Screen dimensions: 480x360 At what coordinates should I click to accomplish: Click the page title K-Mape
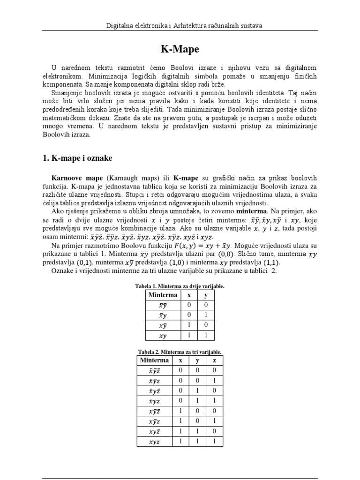(180, 49)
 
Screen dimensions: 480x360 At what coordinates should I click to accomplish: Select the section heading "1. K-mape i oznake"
(77, 158)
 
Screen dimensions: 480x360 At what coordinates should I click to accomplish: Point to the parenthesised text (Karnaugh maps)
(132, 179)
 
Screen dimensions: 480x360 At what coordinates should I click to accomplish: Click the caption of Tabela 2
(180, 352)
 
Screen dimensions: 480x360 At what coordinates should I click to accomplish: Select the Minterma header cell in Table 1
(163, 295)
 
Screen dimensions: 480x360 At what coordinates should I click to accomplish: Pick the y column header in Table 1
(205, 295)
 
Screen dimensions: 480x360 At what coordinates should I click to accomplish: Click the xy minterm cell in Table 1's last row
(163, 336)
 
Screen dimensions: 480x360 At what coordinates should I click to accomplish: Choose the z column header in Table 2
(214, 360)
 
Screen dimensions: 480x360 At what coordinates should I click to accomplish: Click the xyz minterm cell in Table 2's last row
(154, 441)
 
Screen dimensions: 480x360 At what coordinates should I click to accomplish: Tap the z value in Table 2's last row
(214, 441)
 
